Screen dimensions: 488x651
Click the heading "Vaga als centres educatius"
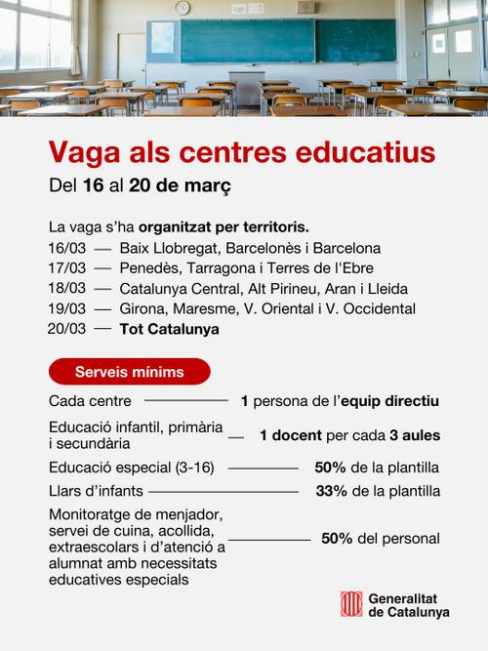point(242,153)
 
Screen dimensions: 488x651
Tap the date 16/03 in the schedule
point(66,248)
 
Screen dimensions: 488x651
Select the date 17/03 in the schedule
point(66,268)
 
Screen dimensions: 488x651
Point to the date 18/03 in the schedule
point(66,289)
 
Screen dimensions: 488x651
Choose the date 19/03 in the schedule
point(66,309)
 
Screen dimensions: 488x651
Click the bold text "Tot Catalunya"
point(169,330)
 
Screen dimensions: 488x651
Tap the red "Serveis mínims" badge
point(129,372)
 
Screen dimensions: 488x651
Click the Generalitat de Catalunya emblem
point(351,604)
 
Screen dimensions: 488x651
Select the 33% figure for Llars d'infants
point(332,491)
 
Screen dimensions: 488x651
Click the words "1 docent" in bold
point(291,435)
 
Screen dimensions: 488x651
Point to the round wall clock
point(183,8)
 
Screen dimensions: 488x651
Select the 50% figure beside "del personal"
point(337,539)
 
